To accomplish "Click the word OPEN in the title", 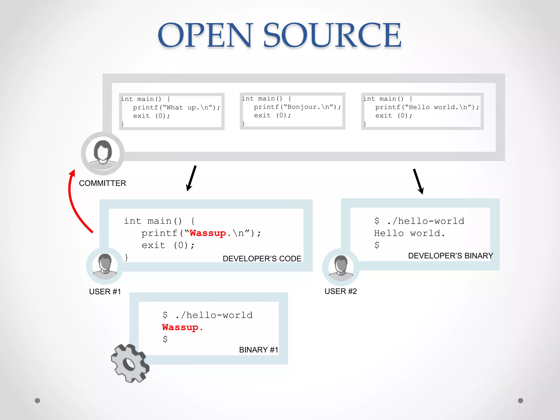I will (205, 36).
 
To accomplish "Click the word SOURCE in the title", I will (332, 36).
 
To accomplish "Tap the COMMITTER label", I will (103, 183).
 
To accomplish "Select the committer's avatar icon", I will (103, 153).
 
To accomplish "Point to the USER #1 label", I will (105, 292).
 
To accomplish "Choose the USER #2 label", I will (341, 291).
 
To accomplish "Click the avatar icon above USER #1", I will (105, 266).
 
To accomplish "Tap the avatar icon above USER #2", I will (341, 267).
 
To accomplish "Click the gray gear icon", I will (130, 363).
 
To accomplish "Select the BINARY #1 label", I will (258, 350).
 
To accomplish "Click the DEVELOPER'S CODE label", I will (262, 259).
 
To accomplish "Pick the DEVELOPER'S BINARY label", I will (451, 256).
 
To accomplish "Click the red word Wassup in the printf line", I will (208, 233).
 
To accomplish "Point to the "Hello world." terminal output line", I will (409, 233).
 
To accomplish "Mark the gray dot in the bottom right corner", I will (521, 401).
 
